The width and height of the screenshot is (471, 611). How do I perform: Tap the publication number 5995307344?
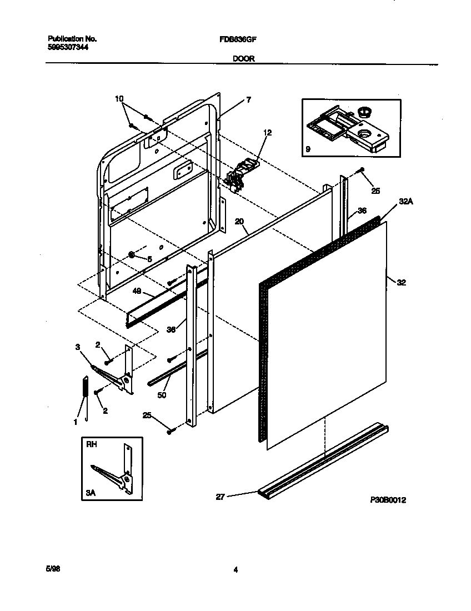tap(68, 47)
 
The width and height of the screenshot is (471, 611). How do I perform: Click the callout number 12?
tap(268, 133)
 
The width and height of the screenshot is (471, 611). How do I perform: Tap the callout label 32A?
tap(405, 202)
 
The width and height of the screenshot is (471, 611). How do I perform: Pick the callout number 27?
tap(220, 497)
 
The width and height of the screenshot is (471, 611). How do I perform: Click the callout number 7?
tap(249, 100)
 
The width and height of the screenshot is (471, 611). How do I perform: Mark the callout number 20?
tap(239, 221)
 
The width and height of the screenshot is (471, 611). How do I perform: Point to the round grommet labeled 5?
tap(132, 255)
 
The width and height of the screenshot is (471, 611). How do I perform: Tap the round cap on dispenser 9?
tap(364, 112)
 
